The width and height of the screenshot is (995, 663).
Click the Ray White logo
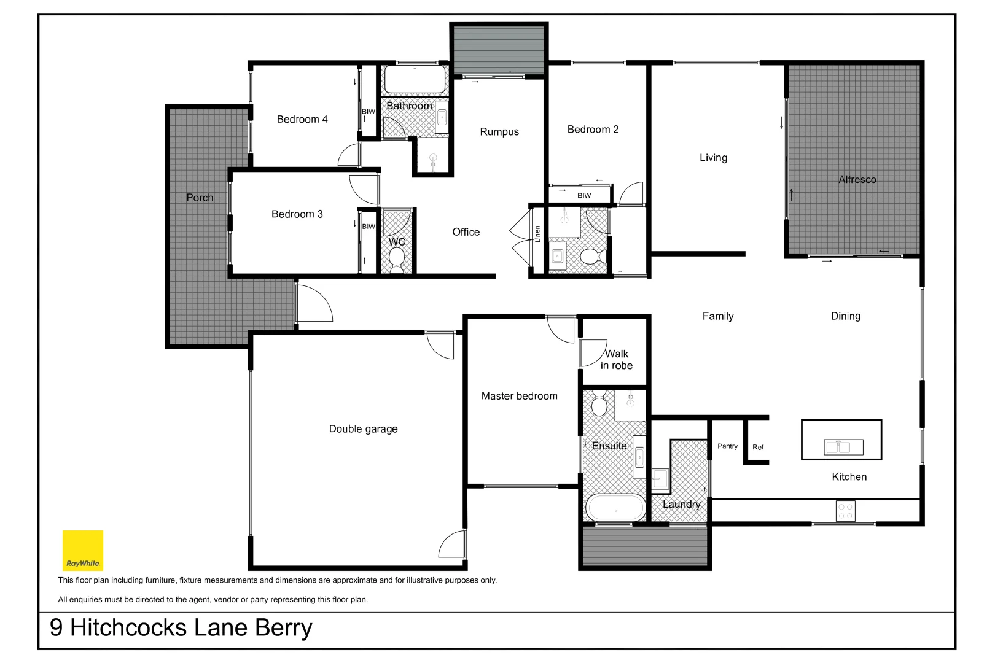point(83,551)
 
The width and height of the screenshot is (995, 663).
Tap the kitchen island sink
point(843,447)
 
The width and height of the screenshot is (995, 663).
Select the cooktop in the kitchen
point(845,511)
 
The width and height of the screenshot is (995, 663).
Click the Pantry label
point(727,446)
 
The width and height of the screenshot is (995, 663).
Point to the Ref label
point(758,447)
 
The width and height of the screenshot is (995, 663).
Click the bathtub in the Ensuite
point(615,508)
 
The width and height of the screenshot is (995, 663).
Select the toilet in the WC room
point(397,258)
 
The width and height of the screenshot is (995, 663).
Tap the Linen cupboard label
point(537,234)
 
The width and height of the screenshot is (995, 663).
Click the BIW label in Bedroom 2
point(584,195)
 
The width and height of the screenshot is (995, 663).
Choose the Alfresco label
point(857,179)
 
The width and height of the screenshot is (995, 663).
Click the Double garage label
point(363,428)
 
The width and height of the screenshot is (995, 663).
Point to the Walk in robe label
point(617,359)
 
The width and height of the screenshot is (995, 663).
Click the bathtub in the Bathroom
point(415,79)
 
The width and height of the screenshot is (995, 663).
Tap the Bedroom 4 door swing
point(349,156)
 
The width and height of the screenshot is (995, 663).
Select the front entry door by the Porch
point(313,303)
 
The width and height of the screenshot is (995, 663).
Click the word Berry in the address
point(283,628)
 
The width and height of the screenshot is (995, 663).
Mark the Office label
point(466,232)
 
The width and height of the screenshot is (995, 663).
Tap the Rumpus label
point(499,132)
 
